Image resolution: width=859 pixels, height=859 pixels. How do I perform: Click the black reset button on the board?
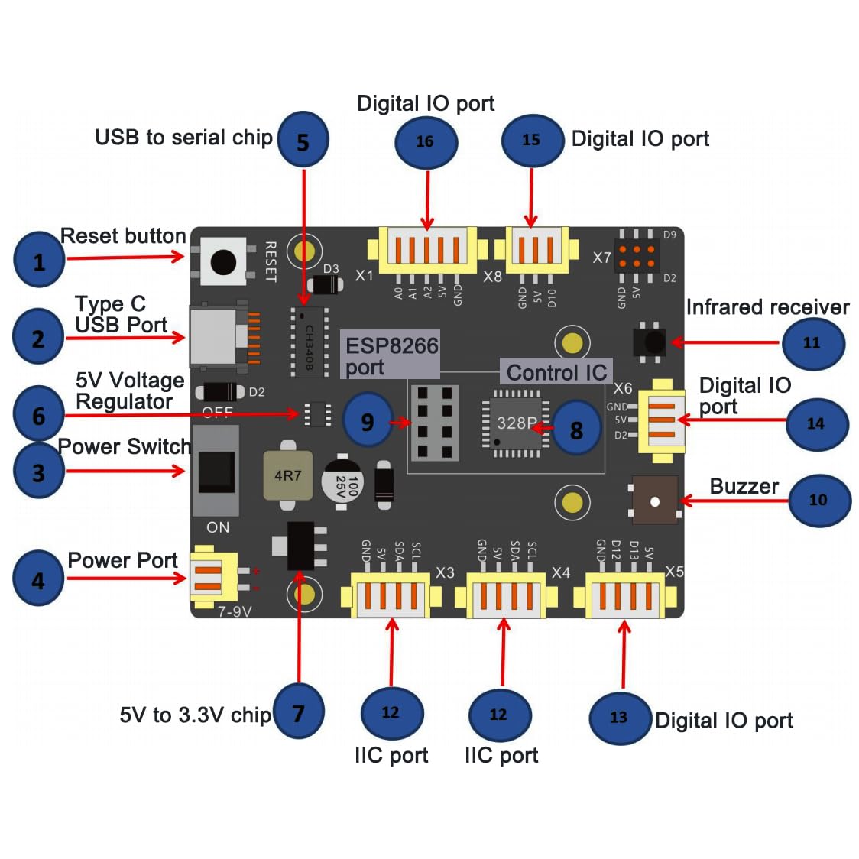pyautogui.click(x=223, y=261)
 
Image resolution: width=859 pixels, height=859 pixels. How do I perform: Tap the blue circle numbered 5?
pyautogui.click(x=303, y=141)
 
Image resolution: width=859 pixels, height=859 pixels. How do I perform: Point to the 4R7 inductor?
pyautogui.click(x=287, y=476)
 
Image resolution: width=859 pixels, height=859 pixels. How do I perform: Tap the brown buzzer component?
pyautogui.click(x=655, y=501)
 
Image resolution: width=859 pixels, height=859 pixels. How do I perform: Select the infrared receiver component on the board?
pyautogui.click(x=650, y=342)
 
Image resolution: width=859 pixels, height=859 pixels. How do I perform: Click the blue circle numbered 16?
pyautogui.click(x=426, y=141)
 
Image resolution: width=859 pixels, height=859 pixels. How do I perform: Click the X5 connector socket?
pyautogui.click(x=624, y=595)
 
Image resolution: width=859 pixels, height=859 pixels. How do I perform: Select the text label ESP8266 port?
pyautogui.click(x=391, y=355)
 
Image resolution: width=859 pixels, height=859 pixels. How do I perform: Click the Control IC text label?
pyautogui.click(x=556, y=372)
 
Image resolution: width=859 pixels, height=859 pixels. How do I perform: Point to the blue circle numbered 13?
pyautogui.click(x=620, y=718)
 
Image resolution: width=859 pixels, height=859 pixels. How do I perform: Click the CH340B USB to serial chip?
pyautogui.click(x=309, y=342)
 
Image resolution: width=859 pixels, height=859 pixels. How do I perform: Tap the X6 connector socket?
pyautogui.click(x=662, y=420)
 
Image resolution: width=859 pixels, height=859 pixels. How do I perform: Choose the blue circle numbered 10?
pyautogui.click(x=818, y=500)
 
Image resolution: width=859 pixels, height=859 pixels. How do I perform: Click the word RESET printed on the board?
pyautogui.click(x=270, y=261)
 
